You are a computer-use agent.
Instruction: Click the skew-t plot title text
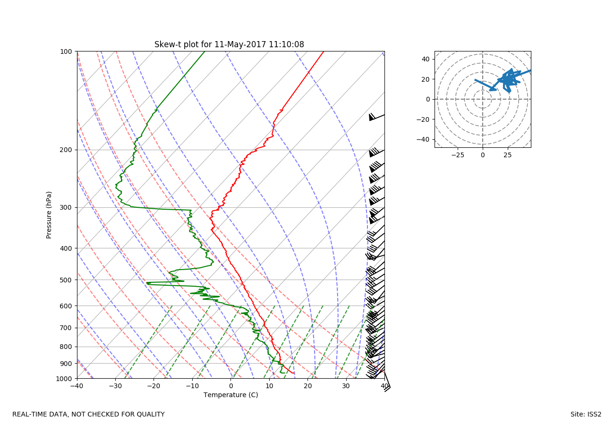pyautogui.click(x=229, y=44)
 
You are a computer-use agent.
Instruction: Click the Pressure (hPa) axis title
pyautogui.click(x=49, y=215)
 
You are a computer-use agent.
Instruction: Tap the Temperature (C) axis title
pyautogui.click(x=230, y=395)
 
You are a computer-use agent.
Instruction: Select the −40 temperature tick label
pyautogui.click(x=77, y=386)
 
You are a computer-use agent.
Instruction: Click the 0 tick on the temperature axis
pyautogui.click(x=231, y=386)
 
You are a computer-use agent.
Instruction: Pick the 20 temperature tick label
pyautogui.click(x=308, y=386)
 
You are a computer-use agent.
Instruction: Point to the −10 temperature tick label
pyautogui.click(x=192, y=386)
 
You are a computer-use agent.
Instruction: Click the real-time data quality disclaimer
pyautogui.click(x=88, y=415)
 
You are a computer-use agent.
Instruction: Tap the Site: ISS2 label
pyautogui.click(x=586, y=415)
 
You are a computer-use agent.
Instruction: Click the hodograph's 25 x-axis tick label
pyautogui.click(x=508, y=155)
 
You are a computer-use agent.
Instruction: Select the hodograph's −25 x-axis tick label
pyautogui.click(x=457, y=155)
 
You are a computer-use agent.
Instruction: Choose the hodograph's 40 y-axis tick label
pyautogui.click(x=425, y=59)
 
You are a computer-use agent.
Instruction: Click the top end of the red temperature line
pyautogui.click(x=324, y=51)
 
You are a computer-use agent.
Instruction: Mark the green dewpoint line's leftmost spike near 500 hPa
pyautogui.click(x=147, y=283)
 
